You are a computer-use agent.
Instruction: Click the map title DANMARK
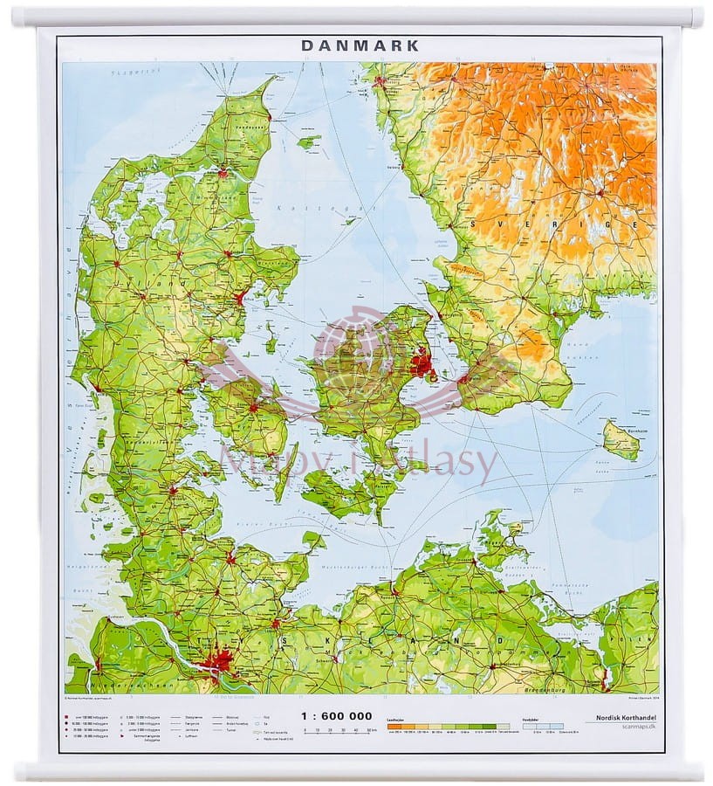click(x=360, y=45)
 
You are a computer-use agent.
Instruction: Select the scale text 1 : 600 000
click(x=336, y=715)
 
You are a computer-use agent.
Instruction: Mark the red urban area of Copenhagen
click(x=422, y=362)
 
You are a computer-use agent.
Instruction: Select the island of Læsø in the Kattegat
click(x=308, y=141)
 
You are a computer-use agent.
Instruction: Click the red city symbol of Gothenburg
click(x=380, y=81)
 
